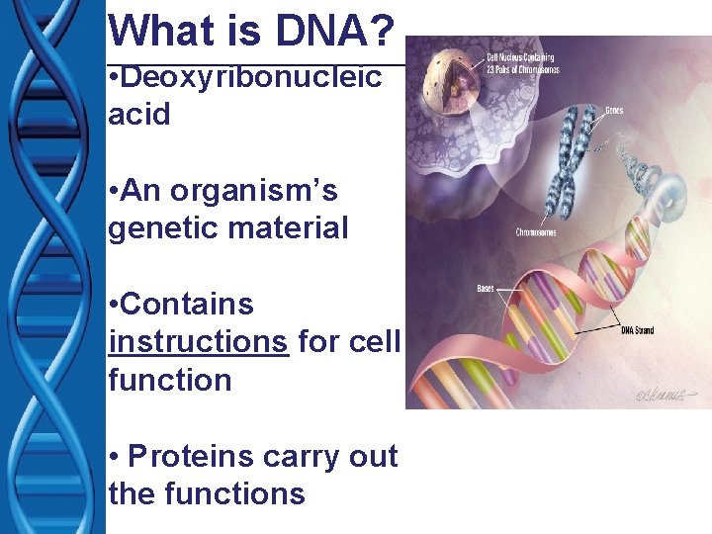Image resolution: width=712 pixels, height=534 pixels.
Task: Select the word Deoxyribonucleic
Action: [251, 77]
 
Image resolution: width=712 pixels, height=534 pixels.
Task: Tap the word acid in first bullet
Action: [139, 115]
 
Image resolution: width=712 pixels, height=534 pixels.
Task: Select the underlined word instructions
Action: [199, 342]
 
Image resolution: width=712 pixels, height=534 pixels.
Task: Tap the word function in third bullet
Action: [169, 380]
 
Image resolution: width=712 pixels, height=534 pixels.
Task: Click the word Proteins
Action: [193, 456]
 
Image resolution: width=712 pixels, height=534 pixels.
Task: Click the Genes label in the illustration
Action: [614, 111]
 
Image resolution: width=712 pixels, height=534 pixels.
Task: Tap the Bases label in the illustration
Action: [487, 290]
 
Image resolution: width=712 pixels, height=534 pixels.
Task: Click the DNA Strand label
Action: [637, 330]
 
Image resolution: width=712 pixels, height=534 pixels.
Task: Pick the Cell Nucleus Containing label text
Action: [522, 59]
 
